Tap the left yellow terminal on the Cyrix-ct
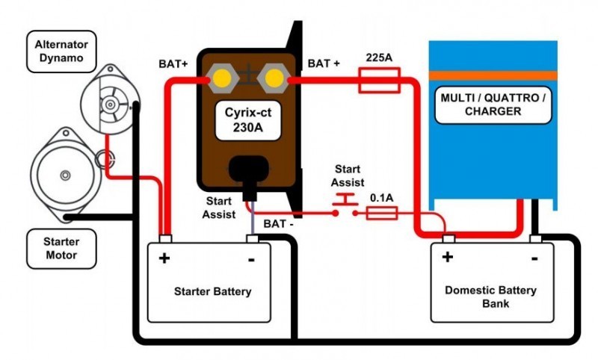point(222,78)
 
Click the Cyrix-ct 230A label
point(247,121)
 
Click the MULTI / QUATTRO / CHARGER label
point(492,105)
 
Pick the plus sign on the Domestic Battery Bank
point(447,258)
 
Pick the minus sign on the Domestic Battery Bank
point(536,258)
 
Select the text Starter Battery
point(212,291)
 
